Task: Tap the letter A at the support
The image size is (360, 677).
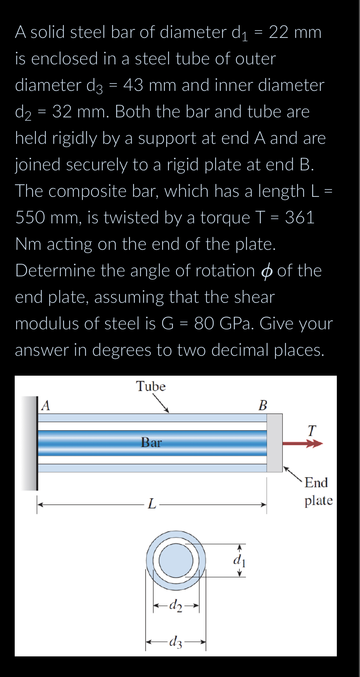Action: [46, 405]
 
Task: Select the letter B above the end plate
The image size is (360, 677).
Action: [263, 405]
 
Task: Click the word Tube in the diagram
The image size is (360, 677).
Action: [151, 386]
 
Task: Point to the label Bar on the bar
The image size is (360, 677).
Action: [151, 442]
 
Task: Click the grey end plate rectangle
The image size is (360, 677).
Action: [274, 443]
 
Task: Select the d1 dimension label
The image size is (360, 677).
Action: [239, 560]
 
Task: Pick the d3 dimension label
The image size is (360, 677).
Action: [175, 642]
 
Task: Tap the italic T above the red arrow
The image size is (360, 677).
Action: [311, 430]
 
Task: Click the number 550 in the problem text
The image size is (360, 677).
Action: [30, 217]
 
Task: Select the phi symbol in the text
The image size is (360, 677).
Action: [267, 271]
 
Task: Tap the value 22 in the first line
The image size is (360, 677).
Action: [278, 32]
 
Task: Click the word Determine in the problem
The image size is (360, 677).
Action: [56, 271]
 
